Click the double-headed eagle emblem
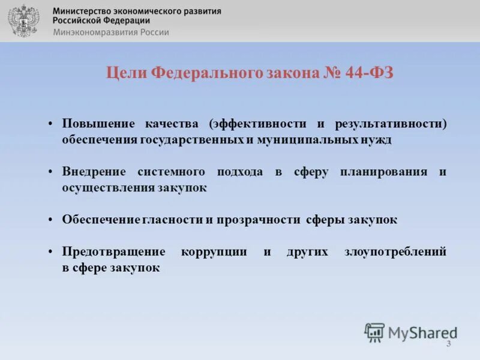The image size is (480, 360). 23,20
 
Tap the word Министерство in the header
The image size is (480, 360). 82,11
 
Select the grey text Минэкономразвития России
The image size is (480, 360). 111,32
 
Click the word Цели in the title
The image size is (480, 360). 127,73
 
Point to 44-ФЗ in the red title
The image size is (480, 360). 370,73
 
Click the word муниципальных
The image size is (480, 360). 307,139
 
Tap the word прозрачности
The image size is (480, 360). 257,220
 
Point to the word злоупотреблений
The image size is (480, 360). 395,252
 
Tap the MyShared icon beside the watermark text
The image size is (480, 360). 374,332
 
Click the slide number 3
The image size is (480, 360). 448,343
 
